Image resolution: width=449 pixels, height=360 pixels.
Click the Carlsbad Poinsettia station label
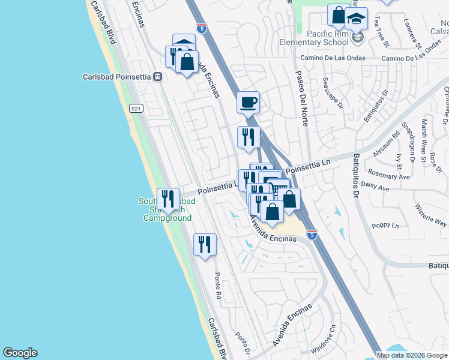tap(117, 77)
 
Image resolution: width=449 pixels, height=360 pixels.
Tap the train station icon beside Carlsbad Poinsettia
tap(158, 77)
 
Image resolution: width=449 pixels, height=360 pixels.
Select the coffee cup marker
tap(248, 103)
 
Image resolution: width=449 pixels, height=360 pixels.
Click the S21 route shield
tap(136, 108)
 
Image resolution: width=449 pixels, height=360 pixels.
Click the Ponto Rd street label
tap(218, 287)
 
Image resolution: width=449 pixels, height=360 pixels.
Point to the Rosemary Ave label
tap(393, 177)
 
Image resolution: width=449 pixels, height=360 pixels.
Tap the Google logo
tap(20, 353)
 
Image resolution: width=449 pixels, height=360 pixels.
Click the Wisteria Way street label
tap(430, 215)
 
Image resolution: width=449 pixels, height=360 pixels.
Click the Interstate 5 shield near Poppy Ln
tap(312, 235)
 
